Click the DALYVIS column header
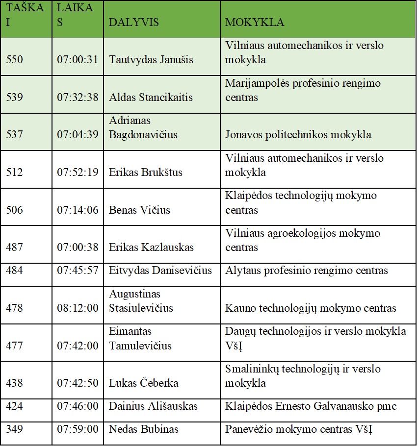[134, 23]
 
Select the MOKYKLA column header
[255, 23]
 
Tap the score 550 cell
[14, 60]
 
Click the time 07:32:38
[78, 97]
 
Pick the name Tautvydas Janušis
[151, 60]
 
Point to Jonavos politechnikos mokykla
[298, 134]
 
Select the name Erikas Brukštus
[146, 173]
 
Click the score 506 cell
[14, 210]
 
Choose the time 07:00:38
[78, 248]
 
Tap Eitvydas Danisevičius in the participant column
[160, 271]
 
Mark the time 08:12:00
[78, 308]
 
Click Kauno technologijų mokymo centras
[311, 308]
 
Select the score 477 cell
[14, 346]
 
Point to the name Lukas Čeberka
[144, 383]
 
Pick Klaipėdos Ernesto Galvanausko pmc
[311, 406]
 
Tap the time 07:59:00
[78, 429]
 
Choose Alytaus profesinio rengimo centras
[307, 271]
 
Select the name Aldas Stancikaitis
[151, 97]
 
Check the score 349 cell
[14, 429]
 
